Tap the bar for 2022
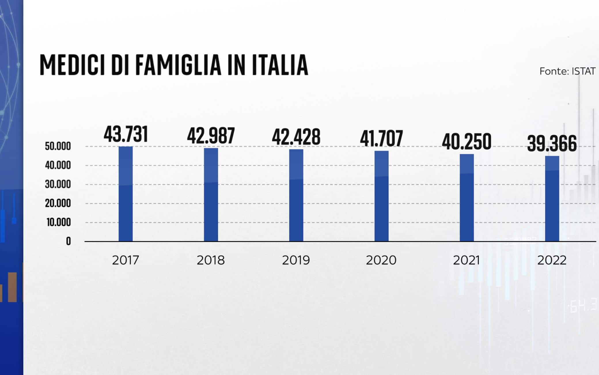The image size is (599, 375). coord(552,199)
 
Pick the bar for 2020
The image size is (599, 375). coord(381,196)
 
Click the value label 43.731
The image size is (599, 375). coord(126,134)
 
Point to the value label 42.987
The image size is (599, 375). coord(211,136)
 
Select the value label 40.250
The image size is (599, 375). coord(467,142)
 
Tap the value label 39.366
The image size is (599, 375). coord(552,143)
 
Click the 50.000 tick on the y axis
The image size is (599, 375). coord(58,146)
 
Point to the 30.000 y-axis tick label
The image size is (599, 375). coord(58,184)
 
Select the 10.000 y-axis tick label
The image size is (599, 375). coord(59,222)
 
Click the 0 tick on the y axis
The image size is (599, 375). coord(68,241)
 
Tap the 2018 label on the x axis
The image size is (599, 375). coord(211,260)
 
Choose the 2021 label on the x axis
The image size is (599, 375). coord(467,260)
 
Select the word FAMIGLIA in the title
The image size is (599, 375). coord(178,65)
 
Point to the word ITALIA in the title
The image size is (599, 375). coord(280,65)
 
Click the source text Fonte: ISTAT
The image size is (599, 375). coord(567,71)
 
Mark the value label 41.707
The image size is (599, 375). coord(381,139)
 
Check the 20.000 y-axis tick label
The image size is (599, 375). coord(58,203)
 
